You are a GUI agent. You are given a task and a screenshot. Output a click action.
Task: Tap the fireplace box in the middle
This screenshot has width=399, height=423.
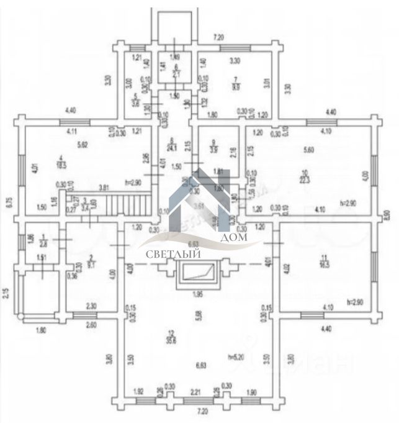tap(198, 273)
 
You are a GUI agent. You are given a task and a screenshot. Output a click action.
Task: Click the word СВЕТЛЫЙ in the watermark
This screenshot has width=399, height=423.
tap(165, 253)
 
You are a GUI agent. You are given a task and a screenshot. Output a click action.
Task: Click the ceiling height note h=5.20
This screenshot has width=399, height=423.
tap(235, 357)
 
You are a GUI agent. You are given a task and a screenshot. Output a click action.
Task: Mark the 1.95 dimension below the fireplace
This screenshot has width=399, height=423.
tap(197, 294)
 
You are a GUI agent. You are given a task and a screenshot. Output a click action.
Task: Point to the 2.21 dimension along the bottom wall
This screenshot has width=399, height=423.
tap(195, 392)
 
